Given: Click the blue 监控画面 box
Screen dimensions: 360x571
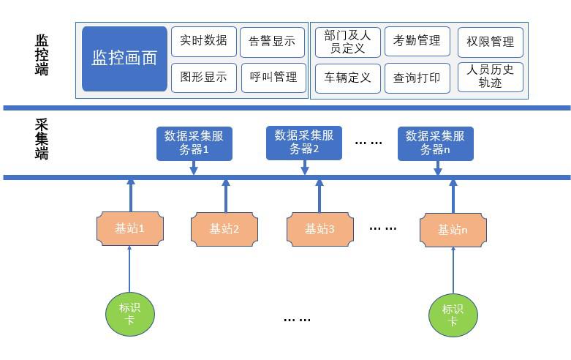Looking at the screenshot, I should click(x=124, y=59).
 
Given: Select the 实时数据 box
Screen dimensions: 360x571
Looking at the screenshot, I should click(x=203, y=42).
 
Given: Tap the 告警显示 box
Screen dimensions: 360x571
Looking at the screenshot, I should click(x=272, y=42).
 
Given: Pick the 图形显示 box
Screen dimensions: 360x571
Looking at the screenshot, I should click(x=203, y=77).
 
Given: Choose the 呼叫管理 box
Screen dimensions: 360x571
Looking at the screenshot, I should click(x=273, y=77).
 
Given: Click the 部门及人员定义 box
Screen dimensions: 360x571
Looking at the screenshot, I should click(x=347, y=42).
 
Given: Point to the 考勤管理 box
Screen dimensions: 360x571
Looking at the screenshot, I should click(x=417, y=41).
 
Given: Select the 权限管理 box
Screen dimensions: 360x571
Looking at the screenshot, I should click(x=490, y=42).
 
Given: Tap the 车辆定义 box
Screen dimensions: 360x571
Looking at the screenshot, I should click(x=347, y=77).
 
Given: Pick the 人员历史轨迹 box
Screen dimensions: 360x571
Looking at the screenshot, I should click(x=490, y=77).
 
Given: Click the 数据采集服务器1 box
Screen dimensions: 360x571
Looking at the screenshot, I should click(x=194, y=143).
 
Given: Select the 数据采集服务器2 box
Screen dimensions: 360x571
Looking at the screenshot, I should click(x=304, y=143).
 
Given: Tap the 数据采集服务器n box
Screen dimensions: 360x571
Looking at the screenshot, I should click(x=435, y=143).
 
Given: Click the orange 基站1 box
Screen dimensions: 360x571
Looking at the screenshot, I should click(x=129, y=228).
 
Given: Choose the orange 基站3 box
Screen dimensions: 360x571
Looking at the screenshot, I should click(x=319, y=229).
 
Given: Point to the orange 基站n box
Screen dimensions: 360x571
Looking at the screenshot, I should click(x=453, y=230).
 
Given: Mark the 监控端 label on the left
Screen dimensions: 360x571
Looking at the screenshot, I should click(x=42, y=55).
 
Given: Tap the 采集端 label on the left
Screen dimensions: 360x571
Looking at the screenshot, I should click(x=42, y=138).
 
